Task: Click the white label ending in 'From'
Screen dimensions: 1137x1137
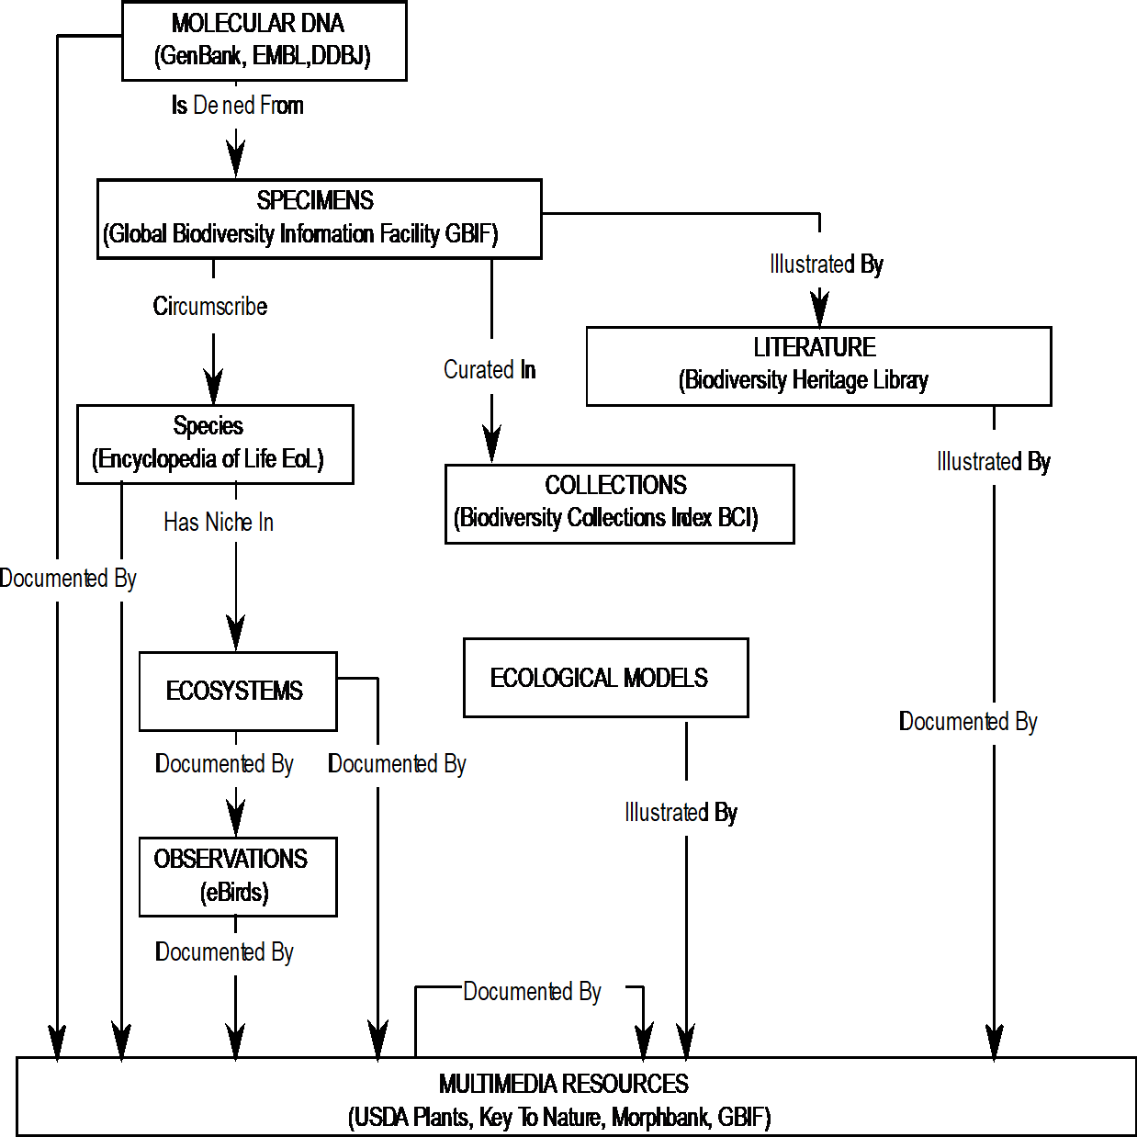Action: [x=233, y=107]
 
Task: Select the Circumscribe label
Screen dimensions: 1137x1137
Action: [x=217, y=306]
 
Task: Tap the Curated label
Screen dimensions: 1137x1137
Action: [x=478, y=367]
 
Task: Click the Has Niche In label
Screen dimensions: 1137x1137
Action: [x=222, y=522]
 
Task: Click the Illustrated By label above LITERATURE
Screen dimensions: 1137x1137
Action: [x=804, y=261]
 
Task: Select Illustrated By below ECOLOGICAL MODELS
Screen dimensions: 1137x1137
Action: [x=658, y=809]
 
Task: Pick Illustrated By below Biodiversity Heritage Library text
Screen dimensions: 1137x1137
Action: [x=971, y=457]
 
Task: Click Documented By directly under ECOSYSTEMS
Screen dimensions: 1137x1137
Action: [x=235, y=766]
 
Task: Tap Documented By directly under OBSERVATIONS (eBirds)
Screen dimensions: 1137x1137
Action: [x=235, y=954]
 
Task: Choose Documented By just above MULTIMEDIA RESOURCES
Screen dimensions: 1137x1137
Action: [x=543, y=994]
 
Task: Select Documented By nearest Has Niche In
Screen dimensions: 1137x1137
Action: [x=79, y=580]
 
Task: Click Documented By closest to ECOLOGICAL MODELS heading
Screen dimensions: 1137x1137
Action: [x=408, y=766]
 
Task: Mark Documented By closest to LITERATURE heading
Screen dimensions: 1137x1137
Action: [x=980, y=724]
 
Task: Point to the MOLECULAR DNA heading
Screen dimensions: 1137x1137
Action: [x=258, y=24]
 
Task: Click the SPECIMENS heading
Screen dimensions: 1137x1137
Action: [x=315, y=200]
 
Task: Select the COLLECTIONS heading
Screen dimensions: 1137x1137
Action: [x=615, y=484]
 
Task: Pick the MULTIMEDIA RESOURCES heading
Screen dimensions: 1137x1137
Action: [x=563, y=1084]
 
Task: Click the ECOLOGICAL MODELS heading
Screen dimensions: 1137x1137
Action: [x=599, y=678]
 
